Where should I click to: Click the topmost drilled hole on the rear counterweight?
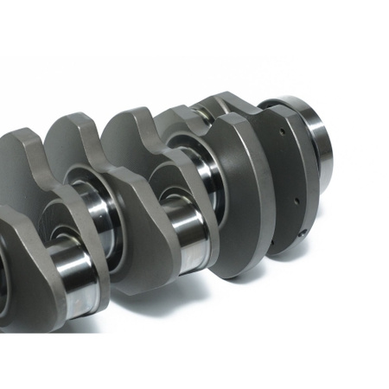pyautogui.click(x=284, y=136)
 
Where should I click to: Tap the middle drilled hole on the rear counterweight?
pyautogui.click(x=294, y=197)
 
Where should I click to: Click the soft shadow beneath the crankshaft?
pyautogui.click(x=259, y=277)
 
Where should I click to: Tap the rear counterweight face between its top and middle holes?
pyautogui.click(x=290, y=166)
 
